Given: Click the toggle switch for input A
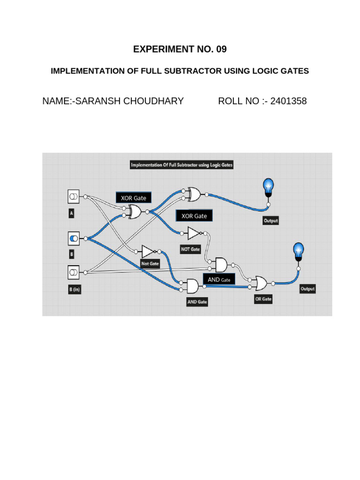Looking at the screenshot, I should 74,196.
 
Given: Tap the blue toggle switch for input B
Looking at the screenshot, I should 74,239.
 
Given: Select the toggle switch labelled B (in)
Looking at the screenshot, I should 74,272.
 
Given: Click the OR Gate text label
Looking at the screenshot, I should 263,299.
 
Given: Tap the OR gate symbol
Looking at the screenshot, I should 261,283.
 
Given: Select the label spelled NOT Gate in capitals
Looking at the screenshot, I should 191,249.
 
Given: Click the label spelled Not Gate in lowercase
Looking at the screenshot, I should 150,264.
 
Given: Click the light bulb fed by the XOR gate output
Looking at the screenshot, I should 268,187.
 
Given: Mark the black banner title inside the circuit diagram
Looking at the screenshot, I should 181,165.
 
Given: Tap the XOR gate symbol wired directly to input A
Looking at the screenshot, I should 135,212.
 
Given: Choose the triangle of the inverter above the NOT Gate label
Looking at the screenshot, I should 194,233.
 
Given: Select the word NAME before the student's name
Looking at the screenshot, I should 55,101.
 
